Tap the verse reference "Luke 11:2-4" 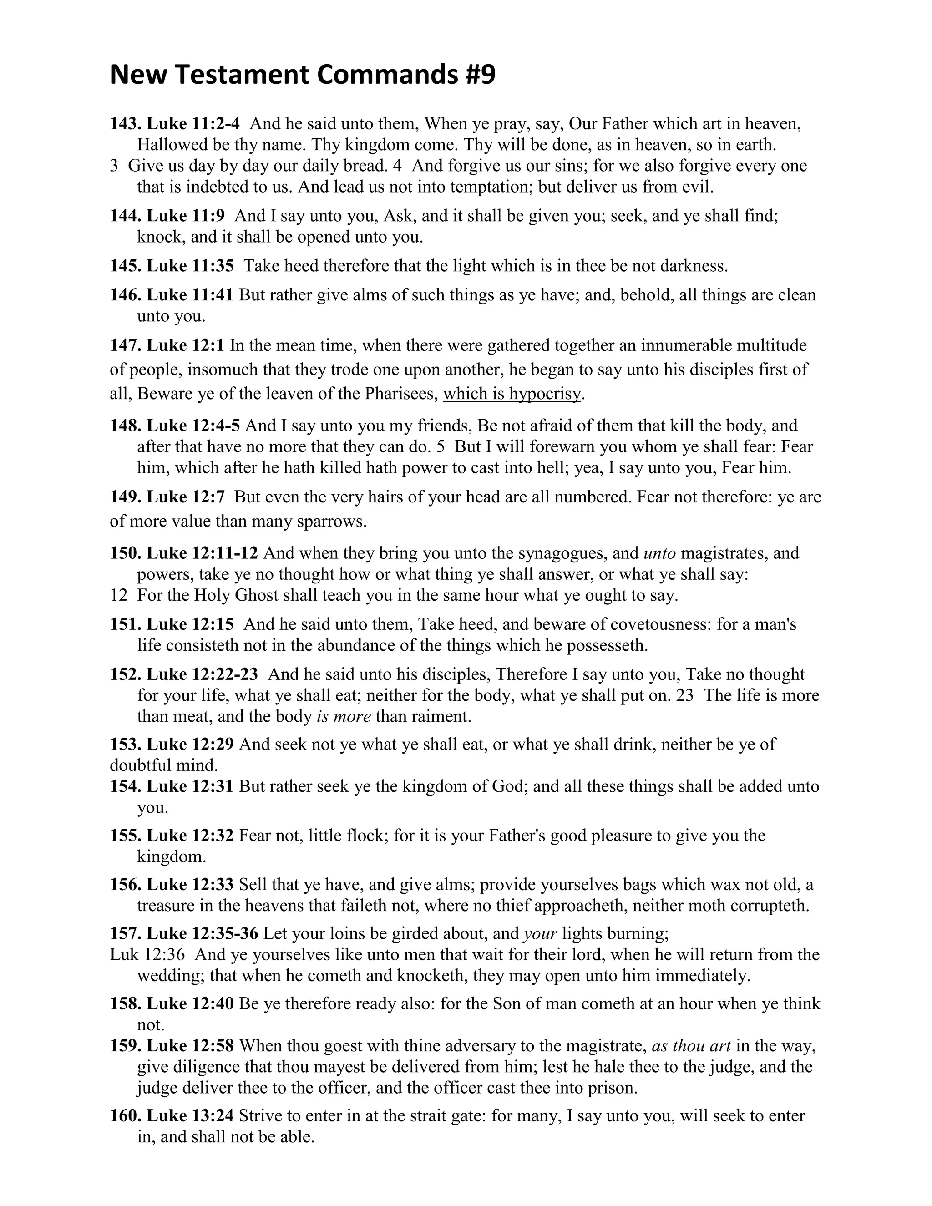click(193, 124)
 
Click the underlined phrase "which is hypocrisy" click(512, 394)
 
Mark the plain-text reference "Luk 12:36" click(147, 954)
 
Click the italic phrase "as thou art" click(691, 1046)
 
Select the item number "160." click(126, 1116)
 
